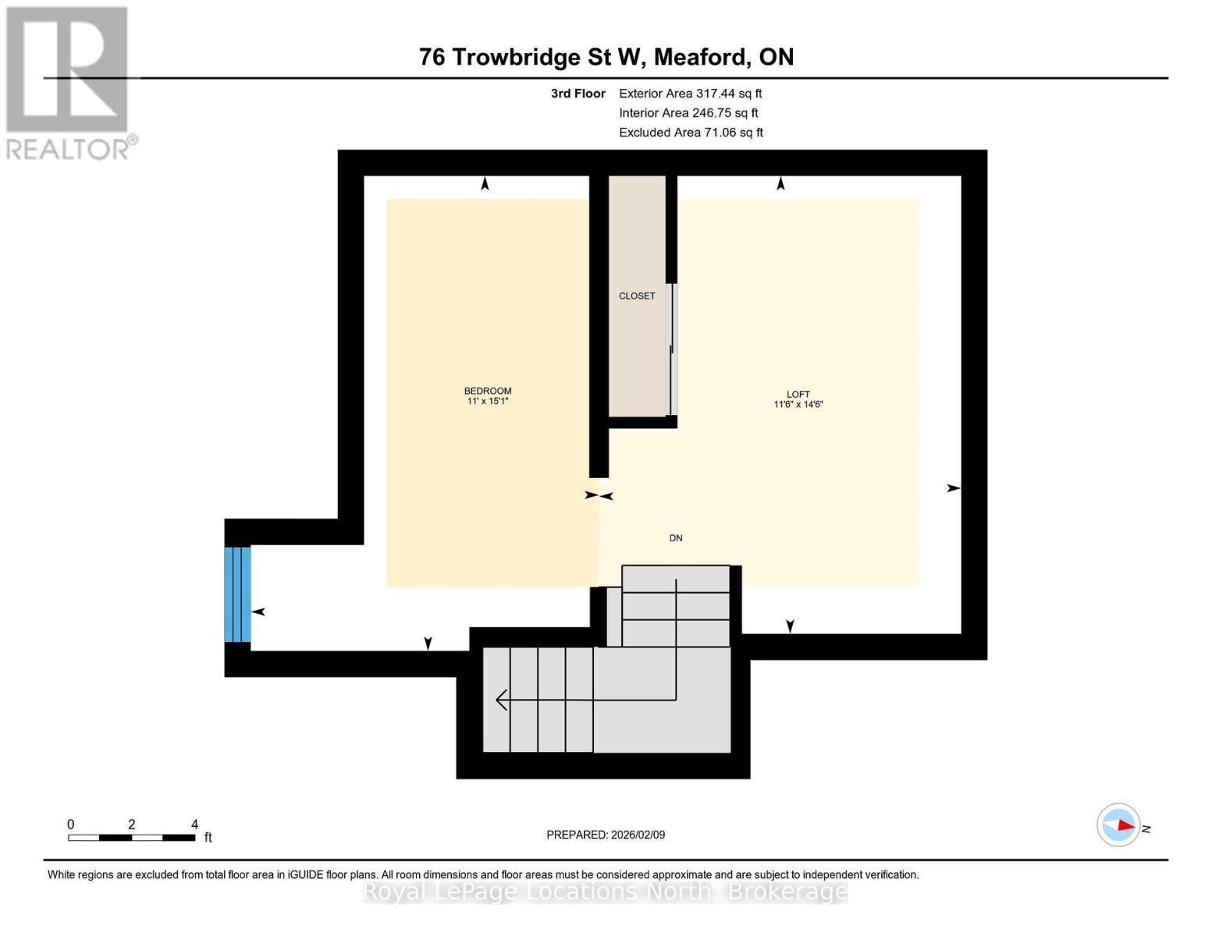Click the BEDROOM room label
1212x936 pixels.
click(x=488, y=391)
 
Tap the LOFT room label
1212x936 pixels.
click(x=798, y=394)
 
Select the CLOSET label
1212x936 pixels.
click(x=636, y=296)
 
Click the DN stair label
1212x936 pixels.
click(x=675, y=538)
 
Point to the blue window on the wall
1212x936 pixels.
click(x=237, y=594)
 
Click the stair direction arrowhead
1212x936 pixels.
click(x=501, y=700)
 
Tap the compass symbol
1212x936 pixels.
click(x=1118, y=825)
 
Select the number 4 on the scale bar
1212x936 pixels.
click(x=194, y=824)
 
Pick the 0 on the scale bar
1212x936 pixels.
click(x=71, y=824)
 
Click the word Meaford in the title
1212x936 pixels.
click(x=700, y=57)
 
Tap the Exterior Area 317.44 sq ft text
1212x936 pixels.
click(x=690, y=94)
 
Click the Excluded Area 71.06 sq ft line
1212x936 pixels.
click(x=691, y=133)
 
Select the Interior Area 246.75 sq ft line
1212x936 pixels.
click(x=688, y=113)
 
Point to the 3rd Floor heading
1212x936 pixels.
click(x=578, y=94)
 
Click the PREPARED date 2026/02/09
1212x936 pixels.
click(x=638, y=835)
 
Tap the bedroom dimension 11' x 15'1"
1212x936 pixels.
click(x=488, y=401)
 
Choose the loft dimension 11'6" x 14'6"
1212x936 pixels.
click(x=798, y=404)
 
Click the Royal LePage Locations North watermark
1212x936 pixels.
click(x=605, y=892)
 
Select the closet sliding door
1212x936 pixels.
click(x=672, y=349)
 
